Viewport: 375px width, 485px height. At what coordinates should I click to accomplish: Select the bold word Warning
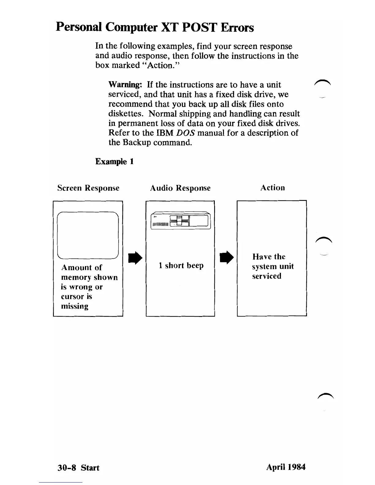pos(127,85)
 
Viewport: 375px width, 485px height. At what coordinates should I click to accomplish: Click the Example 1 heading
pos(115,161)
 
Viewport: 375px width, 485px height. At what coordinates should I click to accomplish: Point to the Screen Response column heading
pos(88,188)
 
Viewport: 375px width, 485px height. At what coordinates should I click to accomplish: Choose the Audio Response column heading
pos(180,188)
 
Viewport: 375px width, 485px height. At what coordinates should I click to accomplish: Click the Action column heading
pos(272,187)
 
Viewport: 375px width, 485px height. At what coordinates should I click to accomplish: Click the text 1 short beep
pos(181,265)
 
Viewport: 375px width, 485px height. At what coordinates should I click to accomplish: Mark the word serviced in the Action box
pos(267,276)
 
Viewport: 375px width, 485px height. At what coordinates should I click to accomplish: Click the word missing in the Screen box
pos(75,306)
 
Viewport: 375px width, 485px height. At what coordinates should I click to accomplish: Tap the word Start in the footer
pos(90,468)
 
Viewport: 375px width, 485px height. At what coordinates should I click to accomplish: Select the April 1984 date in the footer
pos(286,467)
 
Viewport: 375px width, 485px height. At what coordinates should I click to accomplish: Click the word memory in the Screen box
pos(76,277)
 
